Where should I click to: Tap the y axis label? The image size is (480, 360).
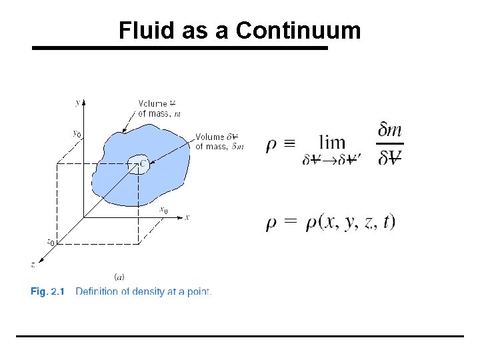pos(78,102)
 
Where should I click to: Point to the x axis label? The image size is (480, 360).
pos(187,217)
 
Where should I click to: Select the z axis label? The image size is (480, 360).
pos(33,265)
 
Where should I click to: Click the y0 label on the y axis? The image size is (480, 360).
pos(77,133)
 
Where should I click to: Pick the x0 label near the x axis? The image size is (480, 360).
pos(163,210)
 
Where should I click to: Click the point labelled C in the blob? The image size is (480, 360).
pos(143,162)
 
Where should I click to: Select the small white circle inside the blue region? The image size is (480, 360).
pos(139,165)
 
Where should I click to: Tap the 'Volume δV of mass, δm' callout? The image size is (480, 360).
pos(220,142)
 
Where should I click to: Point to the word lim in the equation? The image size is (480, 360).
pos(332,142)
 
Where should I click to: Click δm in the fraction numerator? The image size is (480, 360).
pos(390,130)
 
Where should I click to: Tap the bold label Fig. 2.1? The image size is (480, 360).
pos(49,291)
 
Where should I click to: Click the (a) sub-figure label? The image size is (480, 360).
pos(119,276)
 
